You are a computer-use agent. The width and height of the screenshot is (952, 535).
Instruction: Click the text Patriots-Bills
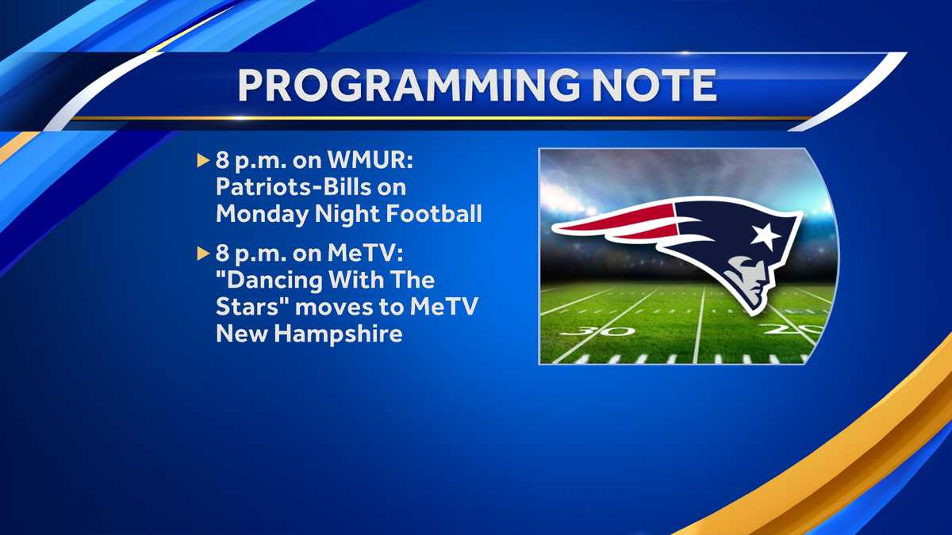click(x=294, y=187)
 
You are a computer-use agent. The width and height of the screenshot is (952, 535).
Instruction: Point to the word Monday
click(x=263, y=213)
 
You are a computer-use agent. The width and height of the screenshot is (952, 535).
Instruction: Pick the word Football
click(x=433, y=213)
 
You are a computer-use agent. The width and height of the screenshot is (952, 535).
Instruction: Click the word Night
click(x=347, y=214)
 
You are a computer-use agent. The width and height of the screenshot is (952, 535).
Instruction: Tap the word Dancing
click(x=274, y=281)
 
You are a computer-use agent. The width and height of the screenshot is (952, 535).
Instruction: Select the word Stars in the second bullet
click(x=250, y=307)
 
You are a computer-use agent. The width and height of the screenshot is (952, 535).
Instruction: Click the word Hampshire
click(x=338, y=334)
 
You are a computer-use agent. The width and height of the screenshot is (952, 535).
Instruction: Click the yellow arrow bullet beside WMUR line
click(x=203, y=161)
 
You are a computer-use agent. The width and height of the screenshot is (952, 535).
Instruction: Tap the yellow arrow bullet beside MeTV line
click(x=203, y=254)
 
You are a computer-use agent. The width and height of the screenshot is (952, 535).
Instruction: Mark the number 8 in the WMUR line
click(x=222, y=160)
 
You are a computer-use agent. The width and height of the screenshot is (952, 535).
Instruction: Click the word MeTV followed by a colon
click(x=365, y=254)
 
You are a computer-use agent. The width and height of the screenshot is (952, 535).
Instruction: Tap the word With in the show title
click(x=356, y=281)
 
